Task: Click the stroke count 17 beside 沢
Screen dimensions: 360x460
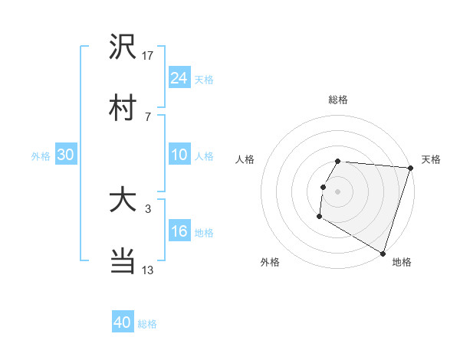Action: (148, 55)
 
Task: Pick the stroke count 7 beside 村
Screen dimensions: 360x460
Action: (147, 116)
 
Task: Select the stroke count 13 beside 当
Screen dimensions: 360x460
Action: (148, 270)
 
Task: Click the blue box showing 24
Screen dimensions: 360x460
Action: (179, 77)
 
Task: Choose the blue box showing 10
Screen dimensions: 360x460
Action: (179, 155)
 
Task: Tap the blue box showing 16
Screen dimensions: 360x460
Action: (179, 231)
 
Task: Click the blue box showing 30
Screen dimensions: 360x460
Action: (66, 155)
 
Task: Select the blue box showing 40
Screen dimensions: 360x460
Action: (123, 322)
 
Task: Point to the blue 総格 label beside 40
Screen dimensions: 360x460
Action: (148, 324)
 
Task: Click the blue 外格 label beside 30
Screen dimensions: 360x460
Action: (41, 155)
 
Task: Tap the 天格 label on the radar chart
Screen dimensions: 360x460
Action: (431, 159)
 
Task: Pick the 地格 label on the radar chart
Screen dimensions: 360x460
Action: (402, 262)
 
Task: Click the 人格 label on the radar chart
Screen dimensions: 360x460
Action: (245, 159)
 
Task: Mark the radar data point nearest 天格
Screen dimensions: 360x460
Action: (410, 169)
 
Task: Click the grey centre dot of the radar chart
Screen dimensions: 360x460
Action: (338, 191)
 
